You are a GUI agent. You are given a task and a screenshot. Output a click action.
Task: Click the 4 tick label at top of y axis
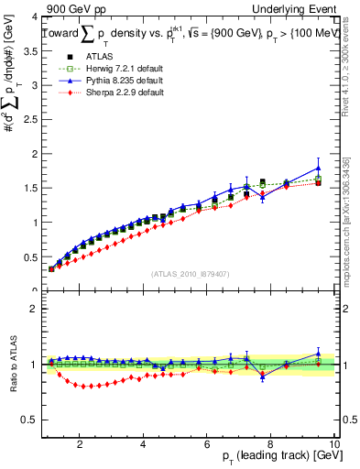[x=34, y=17]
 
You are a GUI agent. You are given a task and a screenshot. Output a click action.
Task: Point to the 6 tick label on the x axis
[x=207, y=444]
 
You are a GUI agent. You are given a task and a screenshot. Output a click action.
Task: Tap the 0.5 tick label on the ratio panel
[x=29, y=420]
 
